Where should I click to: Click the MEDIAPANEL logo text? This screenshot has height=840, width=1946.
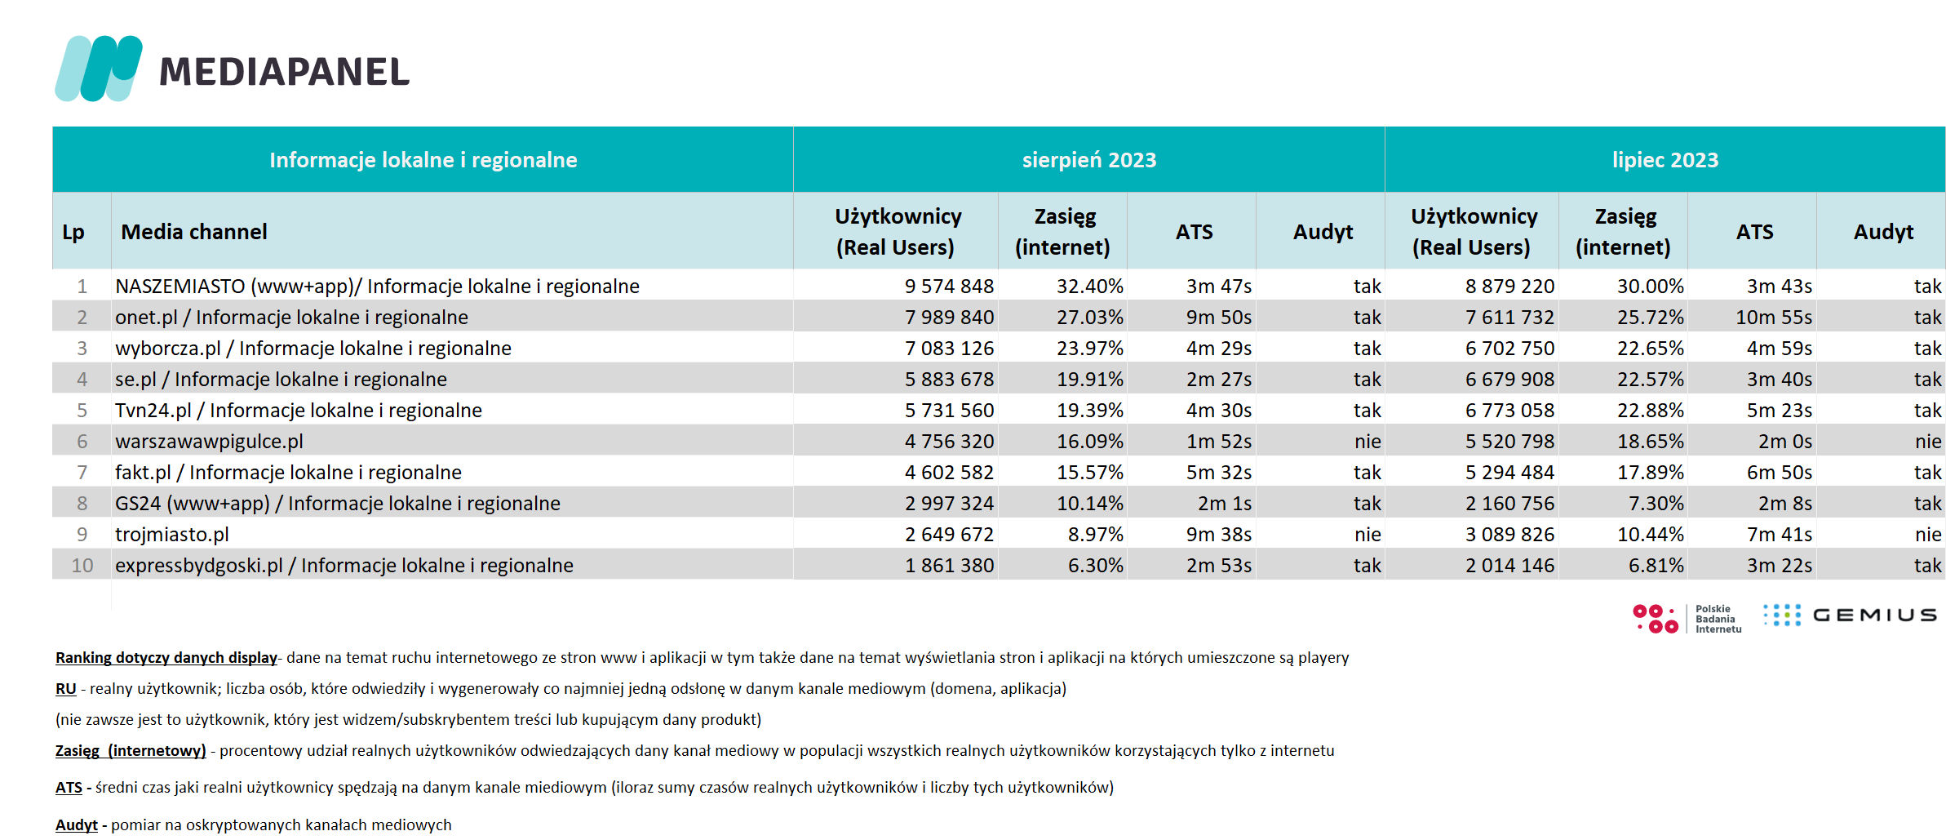284,72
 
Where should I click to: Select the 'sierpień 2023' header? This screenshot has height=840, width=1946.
1089,160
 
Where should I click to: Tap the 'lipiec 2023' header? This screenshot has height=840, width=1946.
1665,160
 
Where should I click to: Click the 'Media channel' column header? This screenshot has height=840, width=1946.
194,232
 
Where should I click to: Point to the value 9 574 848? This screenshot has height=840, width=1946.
949,287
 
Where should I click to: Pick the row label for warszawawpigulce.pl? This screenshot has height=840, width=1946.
209,442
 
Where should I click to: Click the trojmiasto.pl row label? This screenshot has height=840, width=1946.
172,535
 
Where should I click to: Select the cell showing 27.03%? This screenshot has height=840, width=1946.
1090,318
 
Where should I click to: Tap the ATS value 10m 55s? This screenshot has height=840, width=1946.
1774,318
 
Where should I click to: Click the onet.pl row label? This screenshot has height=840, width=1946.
291,318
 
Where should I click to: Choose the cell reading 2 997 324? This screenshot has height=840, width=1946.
949,504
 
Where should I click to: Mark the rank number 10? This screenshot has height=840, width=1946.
82,566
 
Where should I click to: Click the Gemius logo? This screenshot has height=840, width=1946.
1850,616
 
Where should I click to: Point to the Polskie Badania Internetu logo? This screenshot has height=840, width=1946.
1687,619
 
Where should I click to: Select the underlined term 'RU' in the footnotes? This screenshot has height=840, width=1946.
66,689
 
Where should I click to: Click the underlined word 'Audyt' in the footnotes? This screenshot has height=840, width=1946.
77,825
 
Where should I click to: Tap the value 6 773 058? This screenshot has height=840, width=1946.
1509,411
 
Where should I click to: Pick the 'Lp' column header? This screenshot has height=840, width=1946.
73,233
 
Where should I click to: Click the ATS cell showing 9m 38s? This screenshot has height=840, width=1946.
1219,535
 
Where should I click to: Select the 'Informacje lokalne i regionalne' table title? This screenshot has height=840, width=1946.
423,160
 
